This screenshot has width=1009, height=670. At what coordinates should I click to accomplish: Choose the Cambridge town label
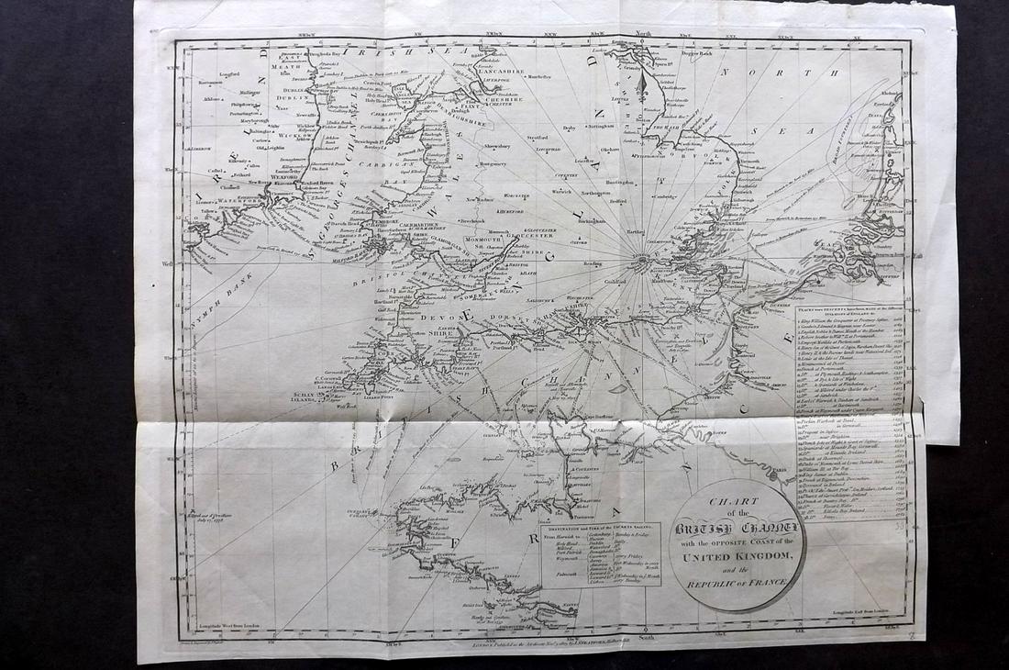coord(664,195)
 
